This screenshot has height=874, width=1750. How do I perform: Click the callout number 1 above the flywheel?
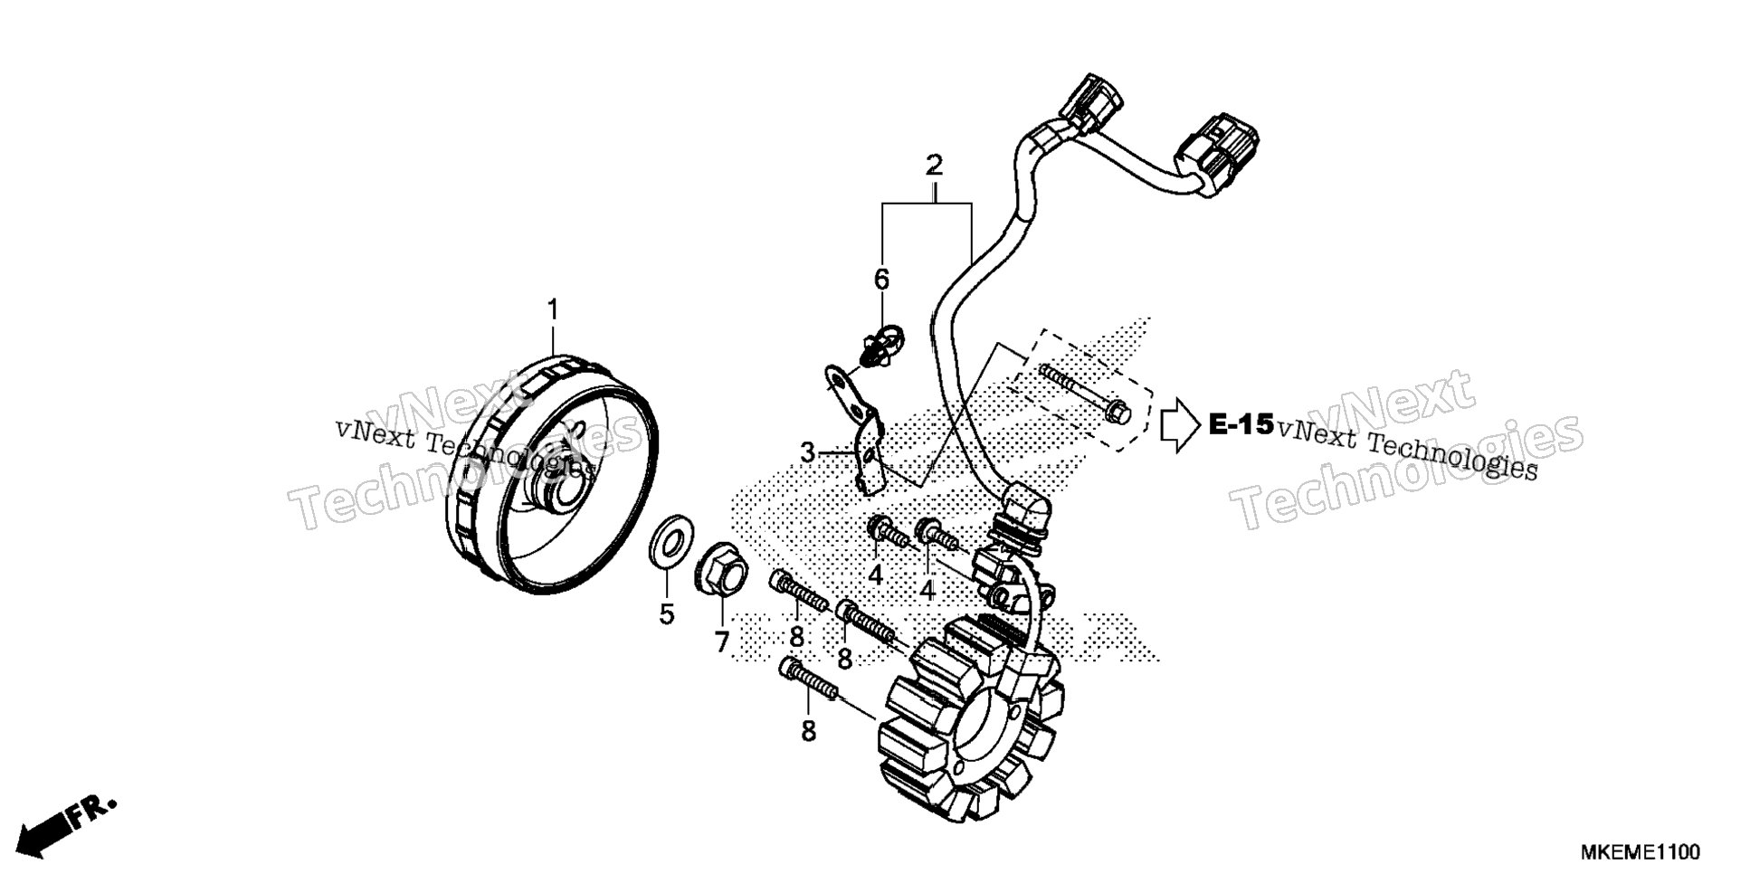552,311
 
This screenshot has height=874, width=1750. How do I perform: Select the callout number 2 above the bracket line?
934,166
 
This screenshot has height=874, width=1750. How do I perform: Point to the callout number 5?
667,615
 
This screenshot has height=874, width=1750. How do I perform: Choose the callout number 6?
881,279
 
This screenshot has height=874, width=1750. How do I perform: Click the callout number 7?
721,642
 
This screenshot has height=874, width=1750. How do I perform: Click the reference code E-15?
1241,424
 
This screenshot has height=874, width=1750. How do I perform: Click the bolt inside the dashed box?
1084,393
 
